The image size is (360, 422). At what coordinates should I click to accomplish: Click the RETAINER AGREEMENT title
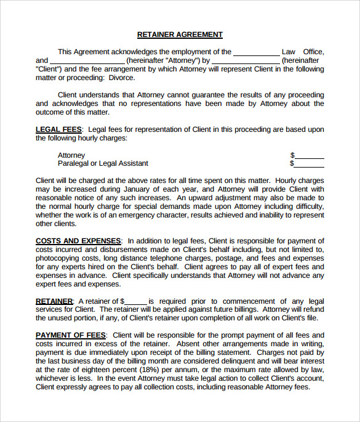[x=180, y=34]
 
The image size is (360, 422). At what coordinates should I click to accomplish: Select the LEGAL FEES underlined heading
[x=58, y=129]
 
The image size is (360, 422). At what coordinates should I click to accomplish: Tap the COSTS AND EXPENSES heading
[x=78, y=241]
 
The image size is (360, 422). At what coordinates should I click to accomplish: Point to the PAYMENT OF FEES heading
[x=71, y=335]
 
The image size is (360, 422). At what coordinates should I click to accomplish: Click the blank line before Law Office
[x=256, y=52]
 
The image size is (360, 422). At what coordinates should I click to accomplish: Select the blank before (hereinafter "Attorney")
[x=87, y=61]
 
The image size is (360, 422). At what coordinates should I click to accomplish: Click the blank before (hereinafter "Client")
[x=246, y=61]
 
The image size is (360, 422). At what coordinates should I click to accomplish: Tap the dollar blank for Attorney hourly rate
[x=310, y=155]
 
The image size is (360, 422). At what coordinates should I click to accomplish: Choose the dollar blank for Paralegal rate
[x=310, y=164]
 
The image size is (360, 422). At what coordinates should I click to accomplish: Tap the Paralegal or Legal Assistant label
[x=103, y=164]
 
